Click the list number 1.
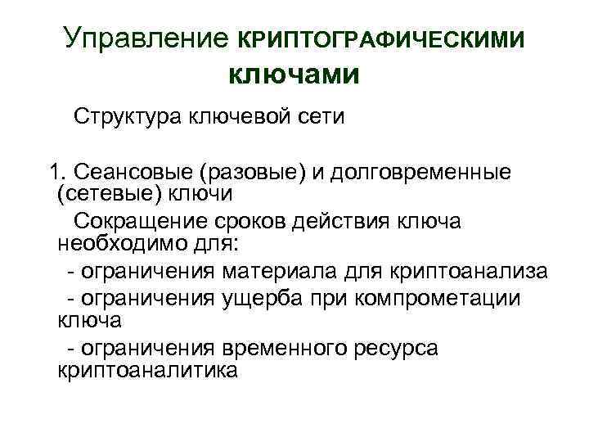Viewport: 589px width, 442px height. (x=56, y=173)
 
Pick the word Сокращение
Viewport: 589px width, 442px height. (x=142, y=222)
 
